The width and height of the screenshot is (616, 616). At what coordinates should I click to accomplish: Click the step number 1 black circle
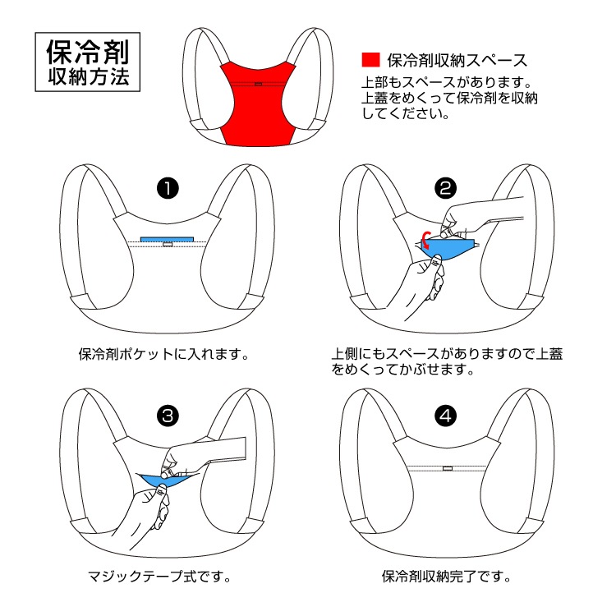tap(168, 188)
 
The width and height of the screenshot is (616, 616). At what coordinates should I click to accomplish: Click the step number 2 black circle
tap(446, 188)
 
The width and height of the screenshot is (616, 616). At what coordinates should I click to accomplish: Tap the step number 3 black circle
tap(168, 416)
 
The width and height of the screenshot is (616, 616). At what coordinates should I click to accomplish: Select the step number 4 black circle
tap(446, 416)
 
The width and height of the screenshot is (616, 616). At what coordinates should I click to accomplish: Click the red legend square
tap(370, 60)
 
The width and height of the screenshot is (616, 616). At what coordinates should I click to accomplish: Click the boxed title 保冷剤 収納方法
tap(88, 62)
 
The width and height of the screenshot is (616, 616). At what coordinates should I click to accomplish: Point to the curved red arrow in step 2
tap(425, 239)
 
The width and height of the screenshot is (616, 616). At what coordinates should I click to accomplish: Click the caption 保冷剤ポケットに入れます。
tap(163, 355)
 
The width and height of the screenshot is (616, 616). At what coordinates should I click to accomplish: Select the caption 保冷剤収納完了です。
tap(447, 576)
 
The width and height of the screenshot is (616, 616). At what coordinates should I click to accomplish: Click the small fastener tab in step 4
tap(446, 470)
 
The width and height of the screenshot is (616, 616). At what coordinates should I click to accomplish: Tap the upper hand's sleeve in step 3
tap(226, 448)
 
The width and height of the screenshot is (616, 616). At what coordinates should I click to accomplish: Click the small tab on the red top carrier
tap(258, 83)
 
